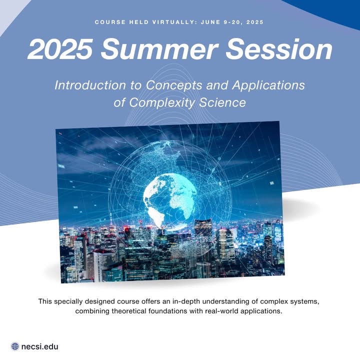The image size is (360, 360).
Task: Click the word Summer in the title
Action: coord(159,49)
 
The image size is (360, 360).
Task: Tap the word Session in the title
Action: coord(279,49)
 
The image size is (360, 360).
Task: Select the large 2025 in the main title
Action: coord(60,49)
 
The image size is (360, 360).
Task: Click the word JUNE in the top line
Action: coord(210,22)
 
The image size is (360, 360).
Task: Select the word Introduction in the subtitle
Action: coord(90,85)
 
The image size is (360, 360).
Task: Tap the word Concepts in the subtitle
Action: coord(174,85)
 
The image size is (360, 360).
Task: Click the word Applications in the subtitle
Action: coord(268,85)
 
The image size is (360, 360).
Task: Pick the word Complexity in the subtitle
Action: coord(162,103)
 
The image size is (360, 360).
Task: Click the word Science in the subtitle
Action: coord(222,102)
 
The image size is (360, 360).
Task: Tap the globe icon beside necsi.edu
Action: coord(15,346)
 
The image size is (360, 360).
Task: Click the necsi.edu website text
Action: coord(39,346)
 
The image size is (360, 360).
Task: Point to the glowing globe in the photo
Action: coord(170,200)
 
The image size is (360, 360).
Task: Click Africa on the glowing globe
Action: coord(182,203)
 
